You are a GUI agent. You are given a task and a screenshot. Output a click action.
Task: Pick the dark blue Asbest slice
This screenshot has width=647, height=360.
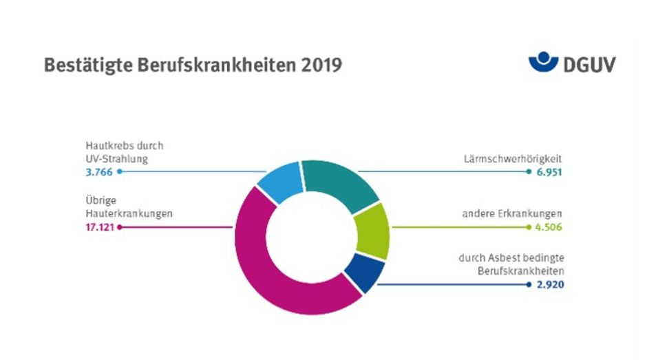point(363,273)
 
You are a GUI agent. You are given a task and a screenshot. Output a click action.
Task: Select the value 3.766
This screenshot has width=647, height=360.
point(98,172)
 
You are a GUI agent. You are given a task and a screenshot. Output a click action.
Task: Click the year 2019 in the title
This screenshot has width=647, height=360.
point(321,65)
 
